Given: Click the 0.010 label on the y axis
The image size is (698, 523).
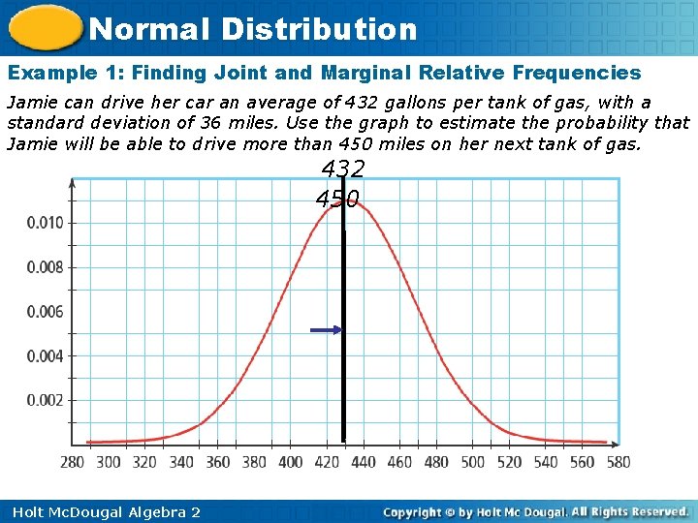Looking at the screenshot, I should click(x=45, y=223).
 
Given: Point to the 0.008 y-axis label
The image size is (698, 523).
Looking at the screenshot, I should click(x=45, y=267).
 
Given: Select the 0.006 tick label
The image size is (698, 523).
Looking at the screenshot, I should click(x=45, y=312).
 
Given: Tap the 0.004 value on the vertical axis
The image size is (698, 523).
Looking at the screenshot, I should click(x=45, y=356).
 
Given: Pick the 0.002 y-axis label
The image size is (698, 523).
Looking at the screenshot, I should click(x=45, y=400).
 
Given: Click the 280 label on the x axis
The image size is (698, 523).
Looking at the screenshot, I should click(x=73, y=462).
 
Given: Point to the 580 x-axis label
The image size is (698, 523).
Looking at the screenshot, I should click(x=619, y=462).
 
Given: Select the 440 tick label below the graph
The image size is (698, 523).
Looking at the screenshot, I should click(x=364, y=462).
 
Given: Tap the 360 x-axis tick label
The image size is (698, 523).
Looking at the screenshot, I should click(x=218, y=462).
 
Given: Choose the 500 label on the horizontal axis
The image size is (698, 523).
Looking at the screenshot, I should click(x=473, y=462).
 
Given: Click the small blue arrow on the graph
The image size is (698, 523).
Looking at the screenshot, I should click(x=326, y=330).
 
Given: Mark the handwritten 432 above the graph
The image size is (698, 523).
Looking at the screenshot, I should click(x=343, y=170).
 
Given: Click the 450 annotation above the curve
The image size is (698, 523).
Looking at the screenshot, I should click(x=337, y=200).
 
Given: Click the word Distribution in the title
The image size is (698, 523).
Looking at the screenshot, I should click(x=319, y=29).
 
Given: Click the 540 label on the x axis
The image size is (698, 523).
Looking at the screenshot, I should click(x=546, y=462).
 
